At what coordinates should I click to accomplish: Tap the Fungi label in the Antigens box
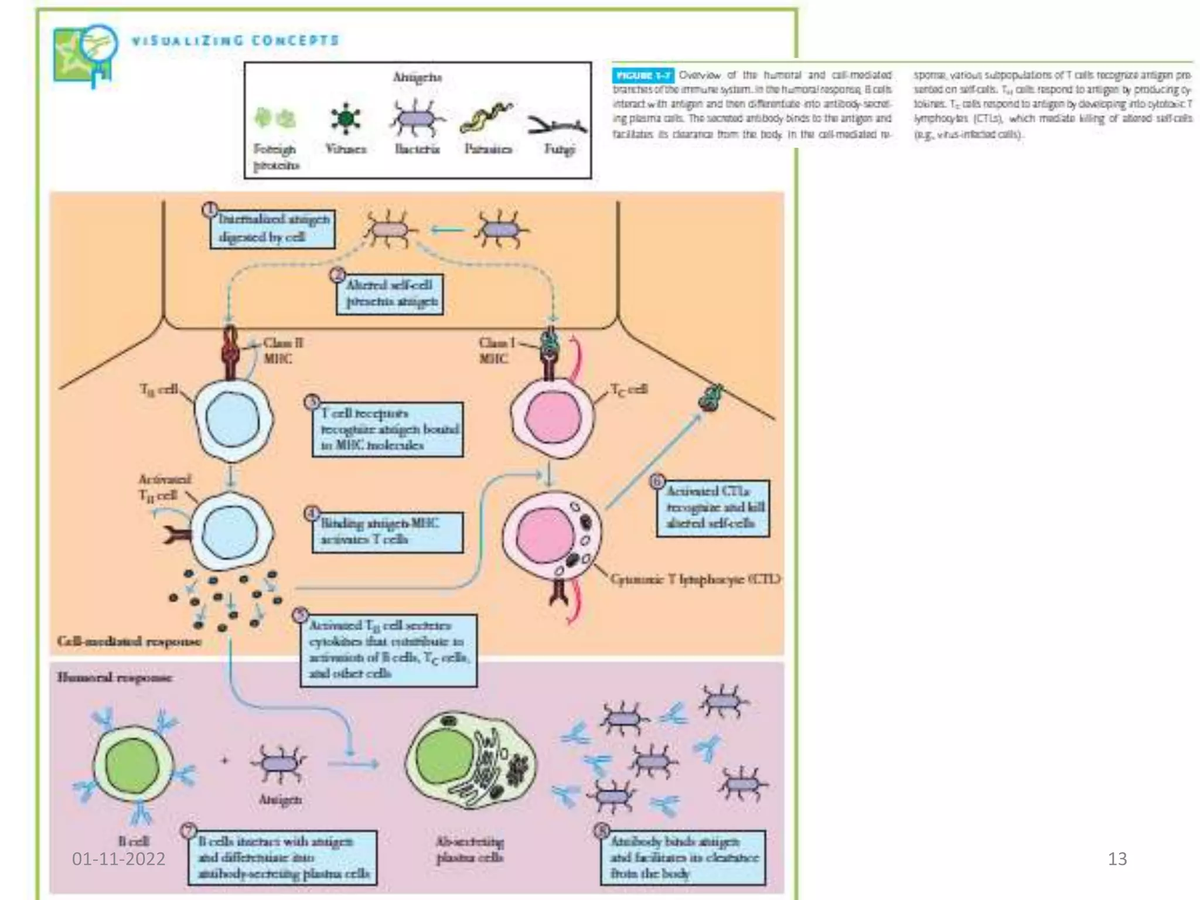(559, 149)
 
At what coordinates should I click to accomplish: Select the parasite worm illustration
(486, 117)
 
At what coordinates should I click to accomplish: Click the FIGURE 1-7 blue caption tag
(643, 75)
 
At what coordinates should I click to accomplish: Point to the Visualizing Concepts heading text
(235, 40)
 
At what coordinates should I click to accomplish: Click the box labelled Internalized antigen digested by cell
(273, 229)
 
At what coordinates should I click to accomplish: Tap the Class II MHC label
(282, 350)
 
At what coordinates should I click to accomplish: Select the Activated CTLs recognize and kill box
(712, 507)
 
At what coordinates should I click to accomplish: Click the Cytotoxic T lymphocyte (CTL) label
(694, 579)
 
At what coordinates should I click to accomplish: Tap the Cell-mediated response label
(129, 641)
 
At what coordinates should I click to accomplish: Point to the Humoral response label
(115, 677)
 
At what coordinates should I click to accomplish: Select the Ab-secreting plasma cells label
(469, 850)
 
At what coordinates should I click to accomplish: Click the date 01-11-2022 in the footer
(118, 859)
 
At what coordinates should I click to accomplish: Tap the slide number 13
(1117, 859)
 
